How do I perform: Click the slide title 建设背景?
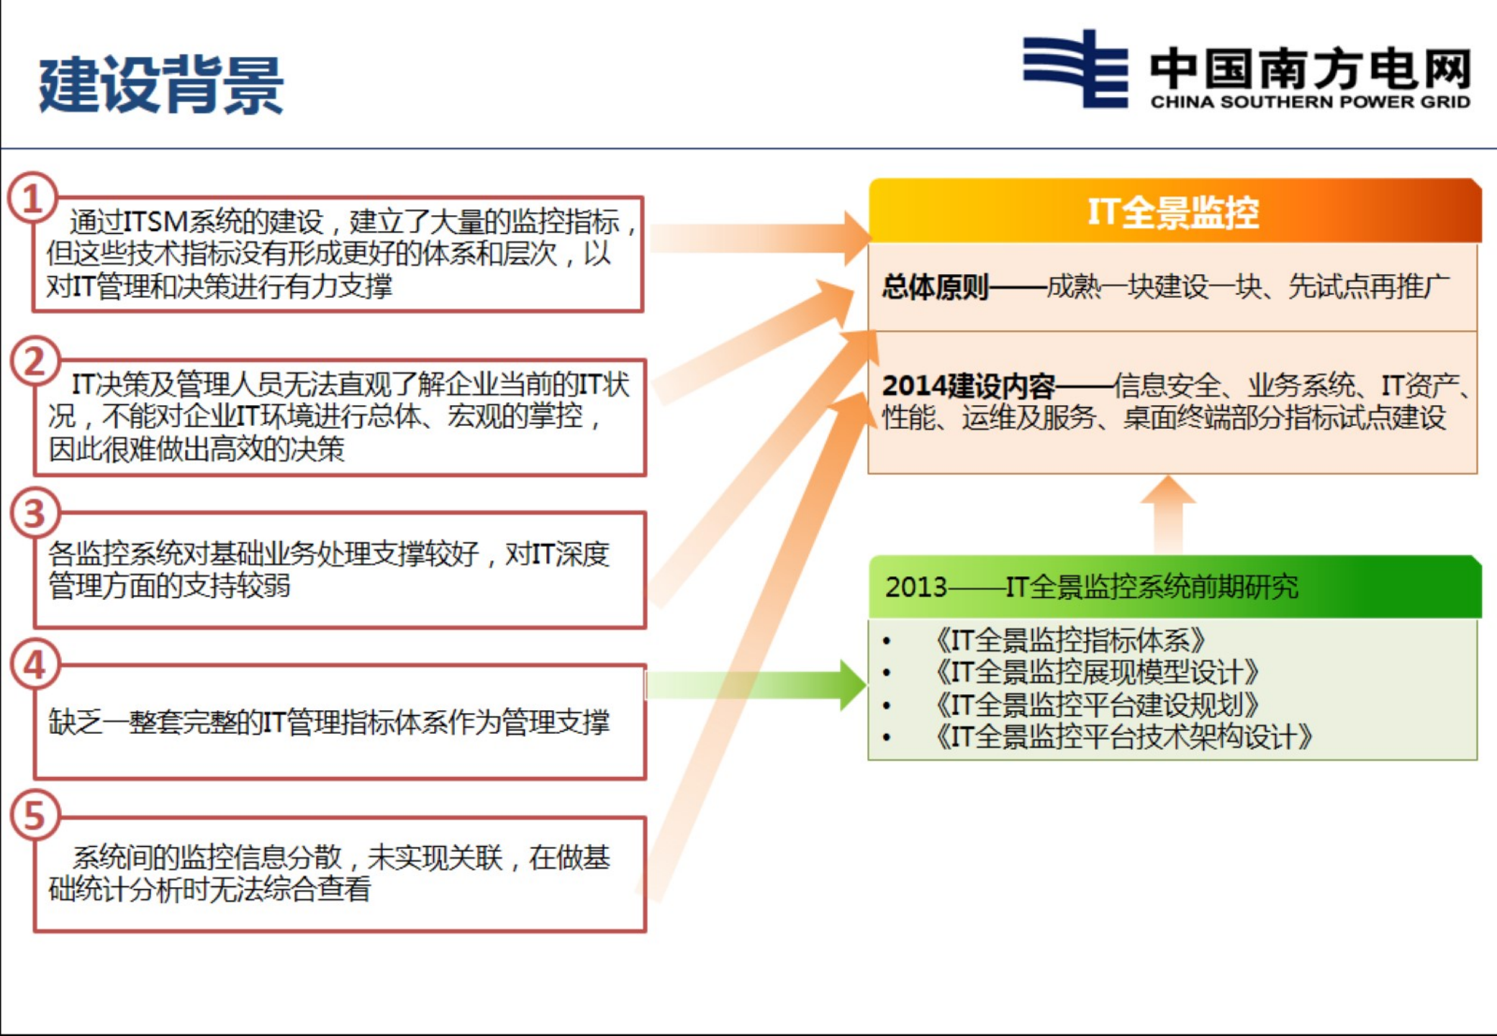(161, 85)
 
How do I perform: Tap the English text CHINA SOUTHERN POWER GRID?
(1310, 102)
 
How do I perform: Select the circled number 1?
(32, 198)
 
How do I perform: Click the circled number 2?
(35, 361)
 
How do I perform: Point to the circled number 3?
(35, 514)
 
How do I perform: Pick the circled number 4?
(35, 665)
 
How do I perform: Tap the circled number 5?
(35, 816)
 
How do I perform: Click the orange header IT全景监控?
(1173, 212)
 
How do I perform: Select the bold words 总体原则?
(935, 287)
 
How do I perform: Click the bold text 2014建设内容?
(968, 386)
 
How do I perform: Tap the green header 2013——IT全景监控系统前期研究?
(1092, 587)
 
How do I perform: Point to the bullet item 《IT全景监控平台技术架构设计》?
(1123, 737)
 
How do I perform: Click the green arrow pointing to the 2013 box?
(756, 685)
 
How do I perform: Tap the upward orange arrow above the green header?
(1168, 514)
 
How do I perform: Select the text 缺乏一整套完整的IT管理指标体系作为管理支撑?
(329, 722)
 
